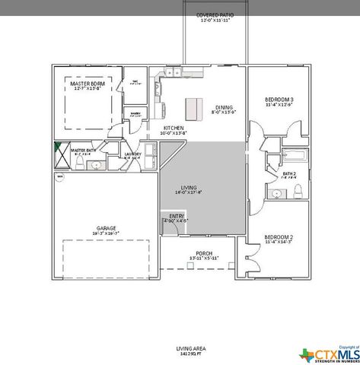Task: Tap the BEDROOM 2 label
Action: point(279,238)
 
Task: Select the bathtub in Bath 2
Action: point(294,157)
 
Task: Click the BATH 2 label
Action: point(289,175)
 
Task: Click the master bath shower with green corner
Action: point(61,151)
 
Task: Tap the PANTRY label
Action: point(135,113)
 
